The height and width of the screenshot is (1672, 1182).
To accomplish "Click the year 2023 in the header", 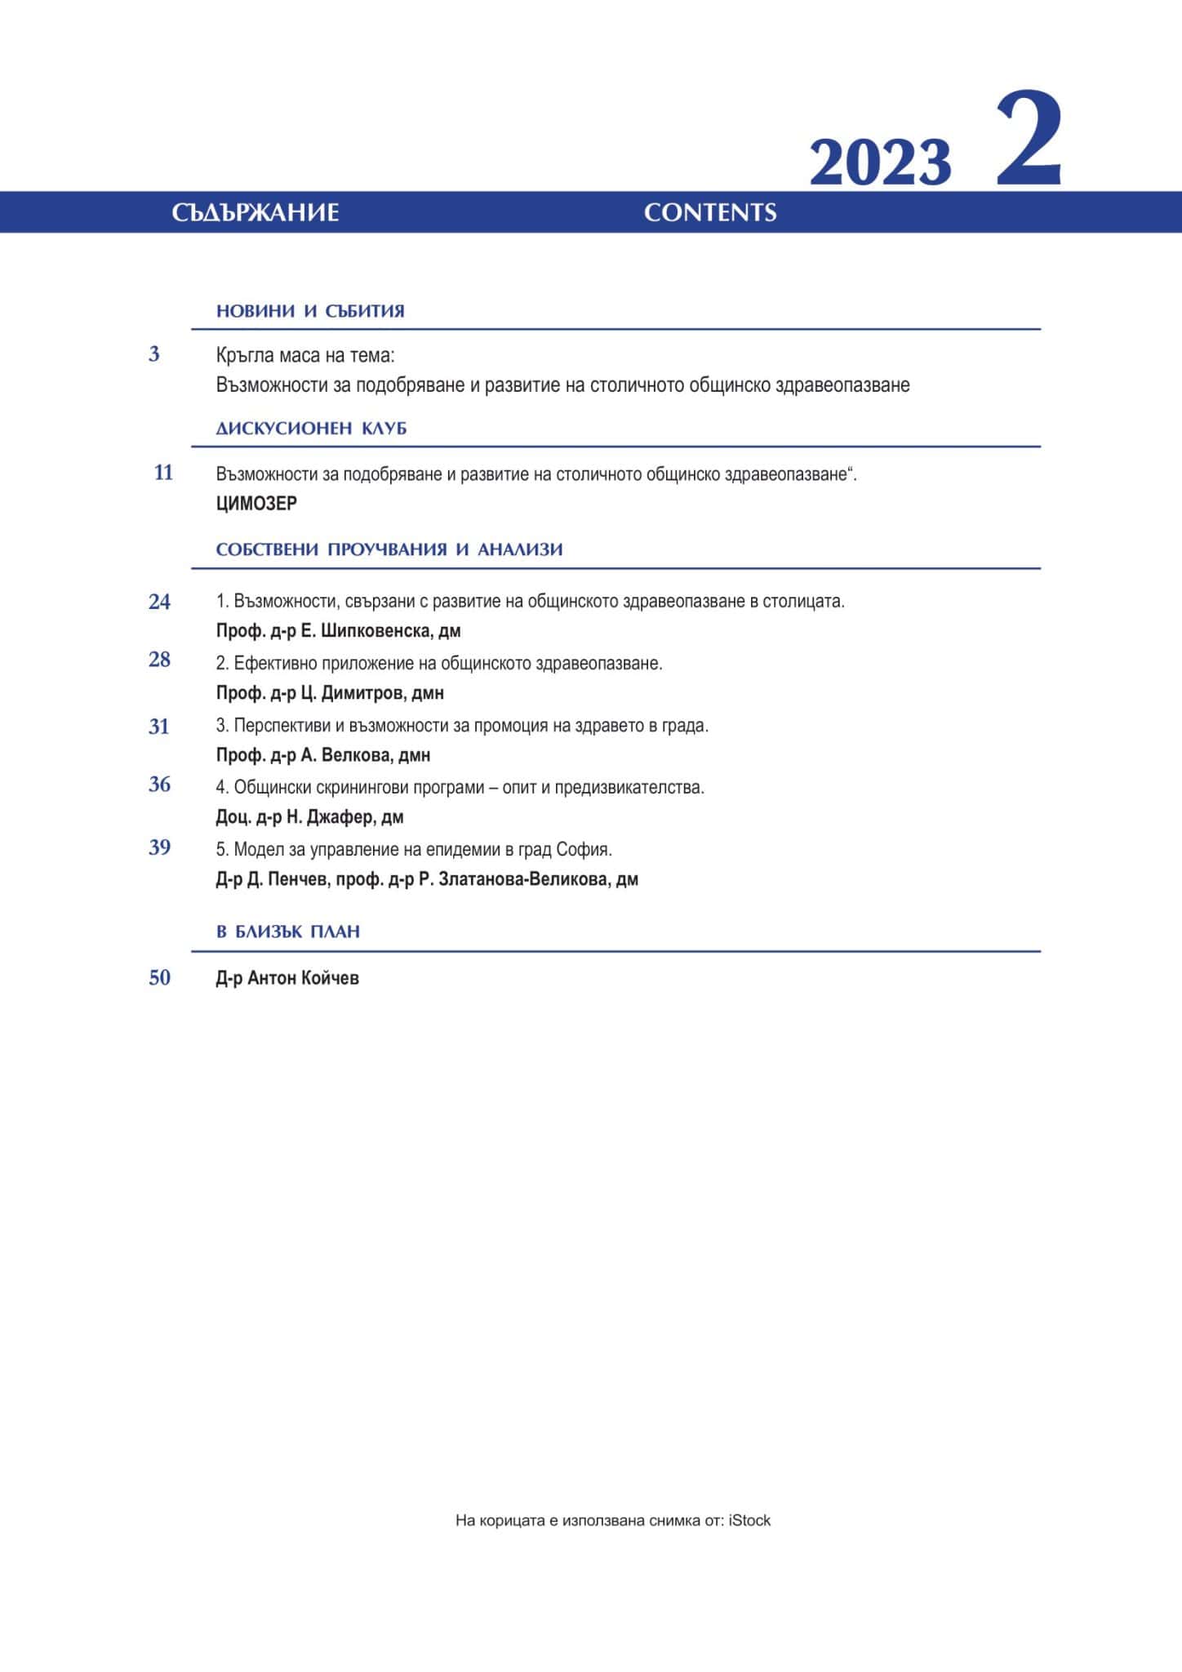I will [x=880, y=162].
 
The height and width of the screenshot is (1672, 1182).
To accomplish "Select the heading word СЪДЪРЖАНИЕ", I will [x=256, y=213].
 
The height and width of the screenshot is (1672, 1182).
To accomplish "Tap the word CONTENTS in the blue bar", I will [x=710, y=213].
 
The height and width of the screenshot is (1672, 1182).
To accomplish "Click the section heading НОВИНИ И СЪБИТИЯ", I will [x=310, y=311].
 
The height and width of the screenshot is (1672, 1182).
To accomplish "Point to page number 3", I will [x=154, y=354].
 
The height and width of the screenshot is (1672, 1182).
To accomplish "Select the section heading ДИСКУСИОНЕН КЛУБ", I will [x=311, y=429].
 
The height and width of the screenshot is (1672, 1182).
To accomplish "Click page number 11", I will [x=163, y=473].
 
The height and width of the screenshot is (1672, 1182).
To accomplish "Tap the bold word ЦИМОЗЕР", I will [x=256, y=504].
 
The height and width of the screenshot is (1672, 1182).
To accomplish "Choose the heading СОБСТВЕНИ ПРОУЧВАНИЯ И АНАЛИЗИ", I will [x=389, y=549].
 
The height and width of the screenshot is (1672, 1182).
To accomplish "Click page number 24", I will [x=159, y=602].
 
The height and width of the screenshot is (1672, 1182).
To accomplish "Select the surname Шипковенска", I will [x=377, y=631].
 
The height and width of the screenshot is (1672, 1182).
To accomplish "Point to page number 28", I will [x=159, y=660].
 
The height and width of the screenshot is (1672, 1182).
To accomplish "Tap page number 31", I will [x=159, y=727].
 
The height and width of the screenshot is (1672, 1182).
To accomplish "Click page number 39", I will [x=159, y=847].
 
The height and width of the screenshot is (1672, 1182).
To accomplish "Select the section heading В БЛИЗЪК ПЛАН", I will [x=288, y=932].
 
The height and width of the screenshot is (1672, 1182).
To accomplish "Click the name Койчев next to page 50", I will [x=330, y=978].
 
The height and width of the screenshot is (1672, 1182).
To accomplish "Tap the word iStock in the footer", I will [x=749, y=1520].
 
